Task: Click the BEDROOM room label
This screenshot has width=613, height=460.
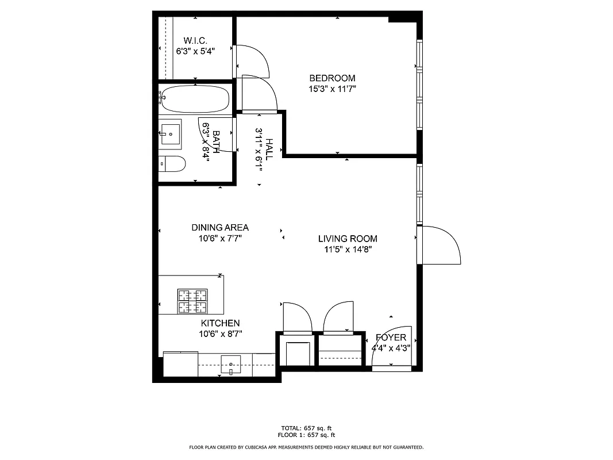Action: tap(332, 78)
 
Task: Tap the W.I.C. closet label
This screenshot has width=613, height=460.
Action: tap(195, 40)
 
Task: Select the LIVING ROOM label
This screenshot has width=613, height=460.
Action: tap(348, 239)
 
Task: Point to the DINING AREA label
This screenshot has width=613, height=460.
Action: tap(220, 228)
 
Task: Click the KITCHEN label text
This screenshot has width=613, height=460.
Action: tap(220, 324)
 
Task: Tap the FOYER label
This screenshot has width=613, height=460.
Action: tap(391, 338)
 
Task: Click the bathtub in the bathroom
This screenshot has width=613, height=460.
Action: tap(195, 99)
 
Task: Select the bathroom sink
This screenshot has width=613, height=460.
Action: tap(170, 133)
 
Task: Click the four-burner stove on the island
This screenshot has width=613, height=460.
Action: tap(192, 301)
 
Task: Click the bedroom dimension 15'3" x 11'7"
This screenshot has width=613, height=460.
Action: tap(332, 89)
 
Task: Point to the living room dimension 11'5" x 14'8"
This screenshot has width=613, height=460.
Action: tap(348, 250)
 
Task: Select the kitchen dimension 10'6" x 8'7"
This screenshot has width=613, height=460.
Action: tap(220, 334)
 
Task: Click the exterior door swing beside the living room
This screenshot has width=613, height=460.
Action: tap(441, 244)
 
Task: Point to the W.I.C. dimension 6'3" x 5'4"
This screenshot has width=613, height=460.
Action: tap(195, 51)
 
